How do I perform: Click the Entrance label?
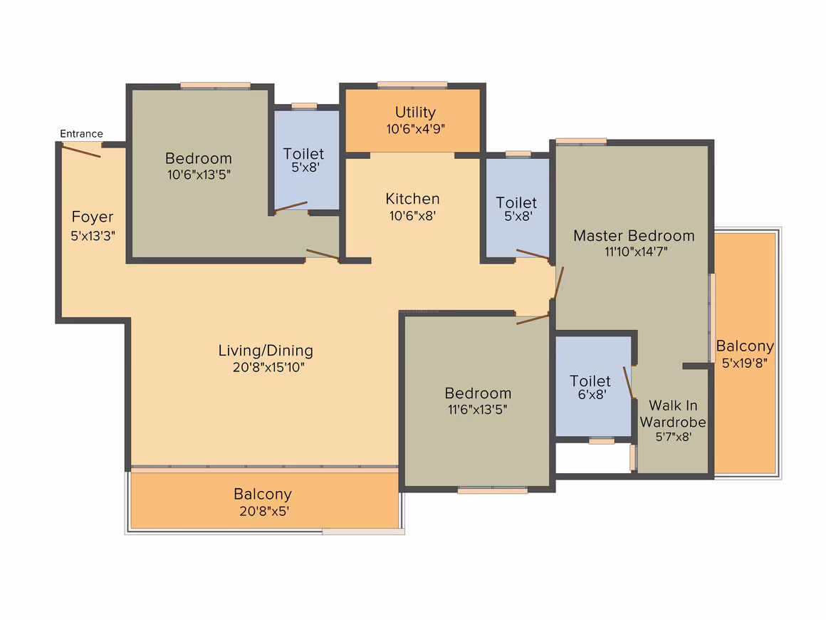coord(81,134)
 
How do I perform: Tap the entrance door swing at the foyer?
coord(81,151)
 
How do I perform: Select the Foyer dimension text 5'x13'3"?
coord(93,236)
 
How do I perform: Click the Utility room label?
coord(415,113)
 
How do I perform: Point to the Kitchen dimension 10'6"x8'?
coord(412,216)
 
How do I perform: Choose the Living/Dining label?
coord(266,351)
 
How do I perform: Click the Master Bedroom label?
coord(634,236)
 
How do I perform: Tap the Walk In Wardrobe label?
coord(673,414)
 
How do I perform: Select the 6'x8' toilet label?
coord(592,394)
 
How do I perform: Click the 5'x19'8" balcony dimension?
coord(744,363)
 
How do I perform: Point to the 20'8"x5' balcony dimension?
coord(264,511)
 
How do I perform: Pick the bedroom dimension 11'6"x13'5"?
coord(477,409)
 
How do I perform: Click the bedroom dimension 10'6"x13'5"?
coord(199,175)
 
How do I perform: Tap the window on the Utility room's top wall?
coord(412,85)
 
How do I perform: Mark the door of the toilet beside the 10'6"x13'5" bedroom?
coord(291,206)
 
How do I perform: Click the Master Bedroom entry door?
coord(559,283)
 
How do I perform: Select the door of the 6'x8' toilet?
coord(628,383)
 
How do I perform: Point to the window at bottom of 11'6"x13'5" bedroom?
coord(493,490)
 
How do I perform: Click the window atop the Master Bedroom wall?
coord(581,141)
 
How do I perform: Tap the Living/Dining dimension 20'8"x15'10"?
coord(268,368)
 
